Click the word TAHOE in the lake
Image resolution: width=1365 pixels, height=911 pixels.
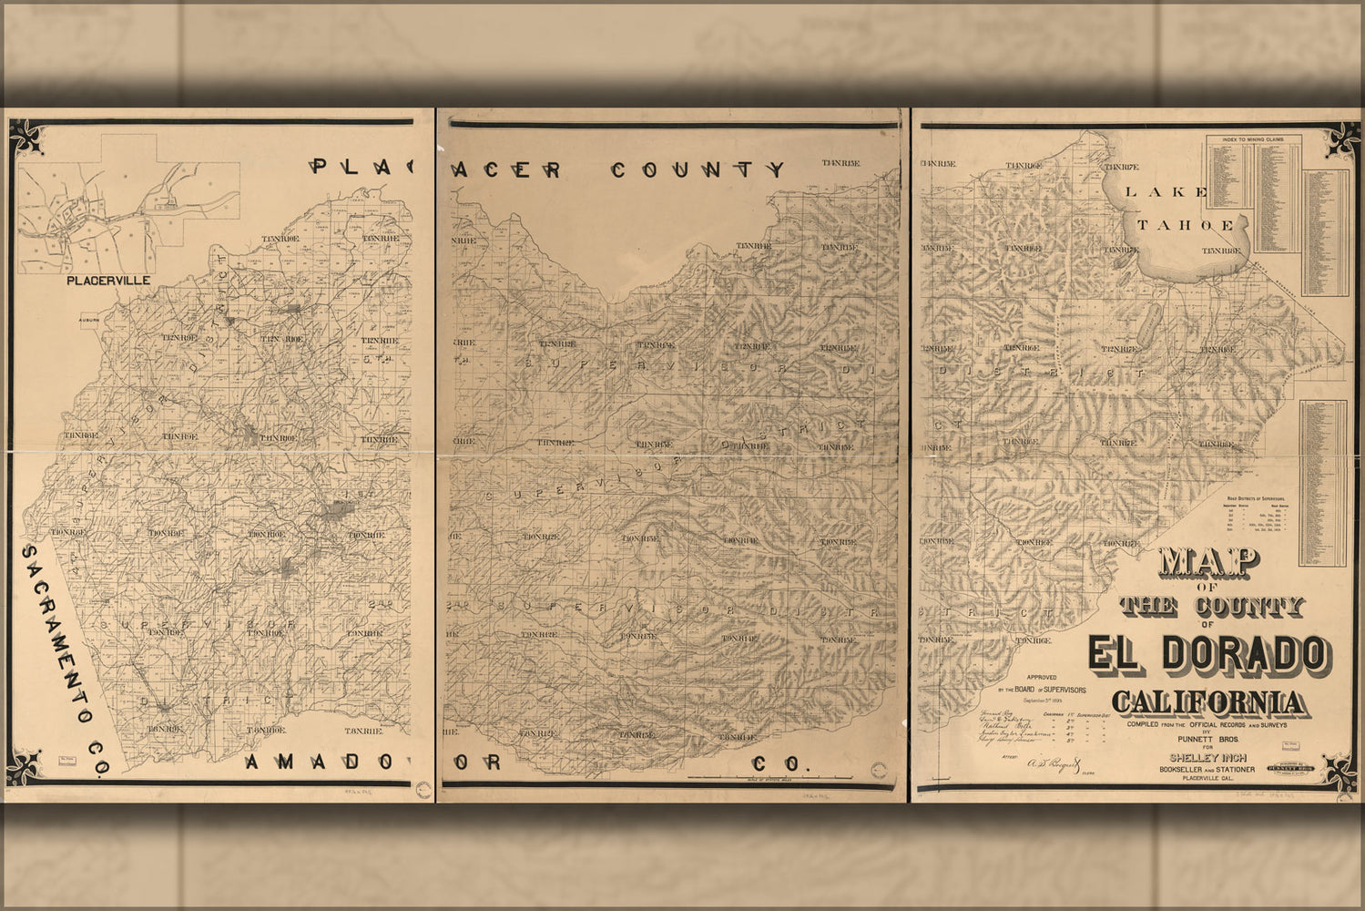point(1185,225)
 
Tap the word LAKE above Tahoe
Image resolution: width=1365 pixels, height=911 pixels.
point(1166,191)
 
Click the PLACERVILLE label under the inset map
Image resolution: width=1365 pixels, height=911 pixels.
point(108,281)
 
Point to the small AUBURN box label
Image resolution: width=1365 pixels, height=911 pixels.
point(87,321)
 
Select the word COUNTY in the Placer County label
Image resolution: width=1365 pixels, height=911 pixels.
point(697,169)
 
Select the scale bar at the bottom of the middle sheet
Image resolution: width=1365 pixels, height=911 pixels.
point(769,777)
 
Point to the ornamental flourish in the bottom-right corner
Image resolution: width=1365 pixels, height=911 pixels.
point(1337,771)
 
